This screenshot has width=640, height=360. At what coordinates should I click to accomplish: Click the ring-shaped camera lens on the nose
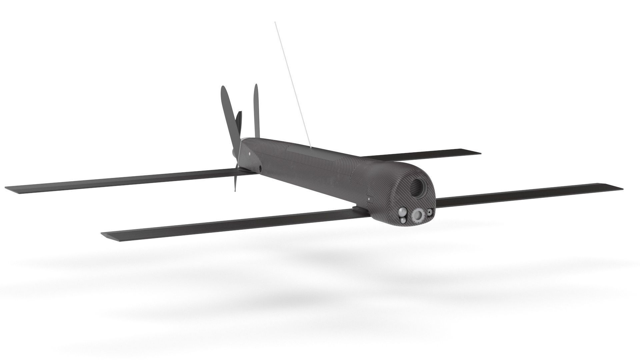[418, 215]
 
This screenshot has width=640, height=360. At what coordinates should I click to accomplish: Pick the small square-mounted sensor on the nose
[430, 212]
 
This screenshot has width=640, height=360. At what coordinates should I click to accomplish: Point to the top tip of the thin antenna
[275, 22]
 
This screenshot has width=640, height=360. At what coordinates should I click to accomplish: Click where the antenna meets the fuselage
[310, 146]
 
